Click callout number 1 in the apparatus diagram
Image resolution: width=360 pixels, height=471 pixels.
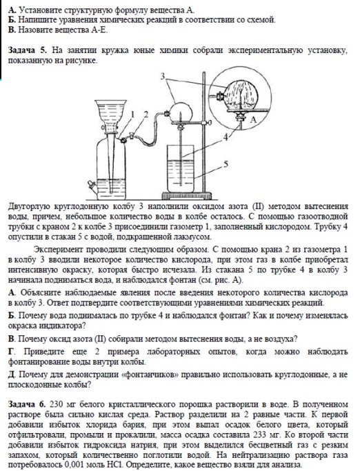pos(133,114)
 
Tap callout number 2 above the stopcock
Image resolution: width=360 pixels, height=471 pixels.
pos(146,114)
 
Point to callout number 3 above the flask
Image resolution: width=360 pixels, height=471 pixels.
pos(163,77)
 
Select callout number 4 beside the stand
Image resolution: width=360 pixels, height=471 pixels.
pos(226,137)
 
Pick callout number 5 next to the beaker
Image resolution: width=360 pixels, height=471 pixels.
pos(226,164)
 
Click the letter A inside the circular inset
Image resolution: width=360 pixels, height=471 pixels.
pos(253,120)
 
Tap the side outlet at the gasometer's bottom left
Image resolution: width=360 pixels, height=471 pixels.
pos(92,186)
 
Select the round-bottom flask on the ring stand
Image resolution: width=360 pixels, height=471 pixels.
pos(180,112)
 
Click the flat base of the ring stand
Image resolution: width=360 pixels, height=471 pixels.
pos(186,196)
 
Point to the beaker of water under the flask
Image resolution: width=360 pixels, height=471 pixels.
pos(180,168)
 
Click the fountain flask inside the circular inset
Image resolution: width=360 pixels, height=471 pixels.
pos(242,96)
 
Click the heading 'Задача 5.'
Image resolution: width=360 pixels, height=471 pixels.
pos(28,50)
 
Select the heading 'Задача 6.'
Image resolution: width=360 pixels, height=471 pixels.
pos(27,404)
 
